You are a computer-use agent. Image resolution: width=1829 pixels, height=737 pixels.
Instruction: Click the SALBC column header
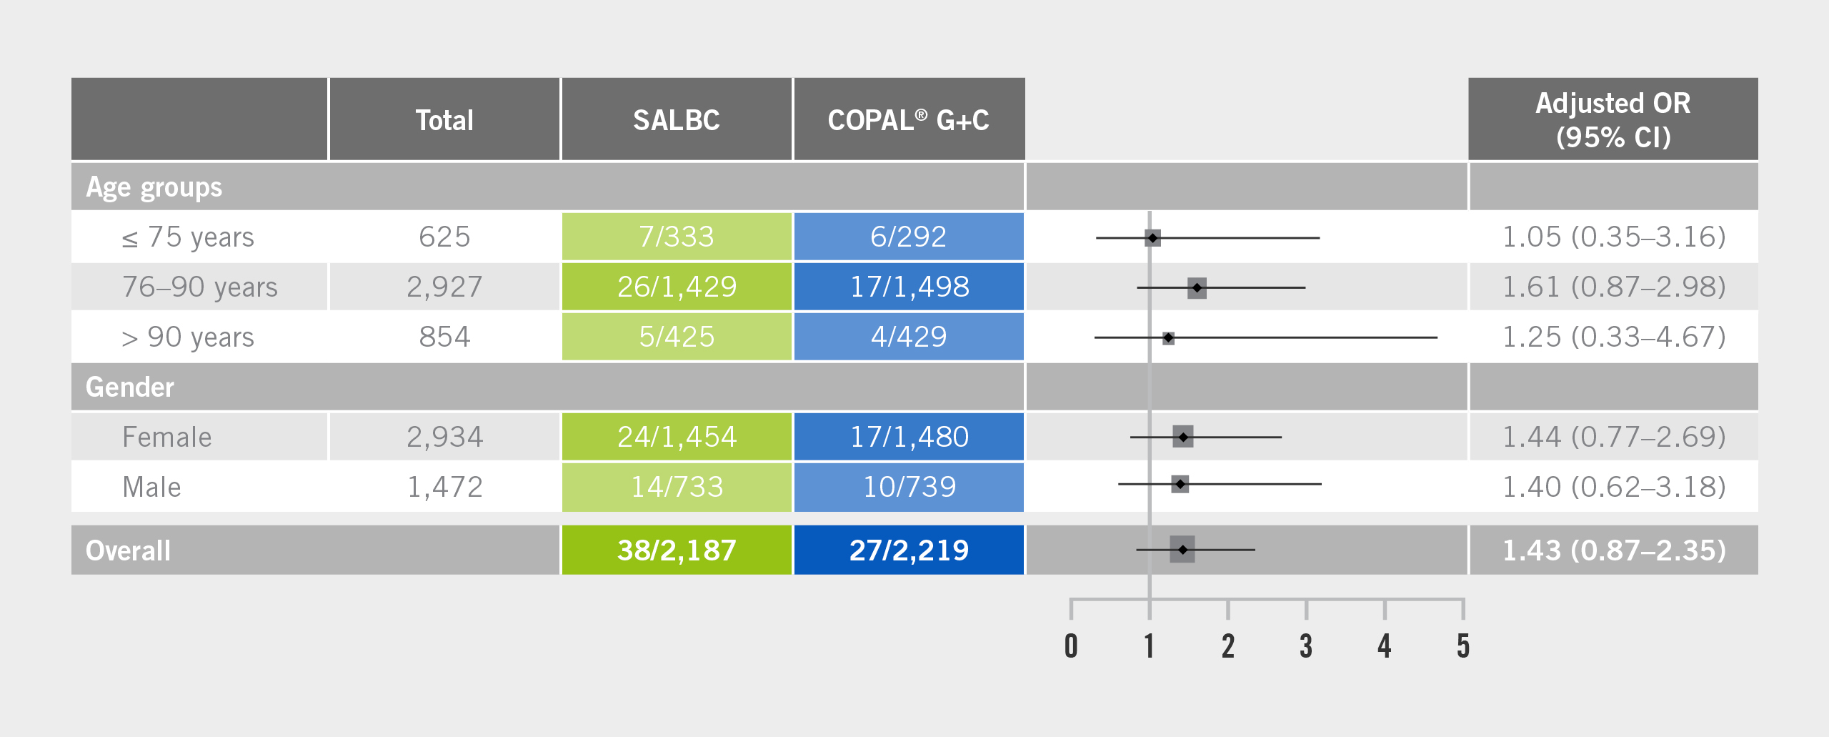[676, 120]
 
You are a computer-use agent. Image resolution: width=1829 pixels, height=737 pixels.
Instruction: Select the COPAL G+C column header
[908, 120]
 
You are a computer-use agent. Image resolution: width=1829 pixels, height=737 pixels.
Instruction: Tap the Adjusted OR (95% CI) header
[1613, 120]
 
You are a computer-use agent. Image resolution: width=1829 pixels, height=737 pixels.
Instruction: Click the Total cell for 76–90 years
[444, 287]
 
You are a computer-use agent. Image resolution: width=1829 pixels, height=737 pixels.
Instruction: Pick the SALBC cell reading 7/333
[676, 237]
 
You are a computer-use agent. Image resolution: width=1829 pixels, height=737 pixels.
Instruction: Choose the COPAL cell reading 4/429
[908, 337]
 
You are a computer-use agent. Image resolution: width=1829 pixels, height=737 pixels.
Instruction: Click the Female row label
[167, 437]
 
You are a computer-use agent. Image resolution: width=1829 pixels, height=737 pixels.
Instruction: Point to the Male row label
[151, 487]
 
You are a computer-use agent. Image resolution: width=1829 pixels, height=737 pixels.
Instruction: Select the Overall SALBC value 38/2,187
[676, 550]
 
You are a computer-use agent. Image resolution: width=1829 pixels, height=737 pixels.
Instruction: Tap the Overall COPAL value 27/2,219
[908, 550]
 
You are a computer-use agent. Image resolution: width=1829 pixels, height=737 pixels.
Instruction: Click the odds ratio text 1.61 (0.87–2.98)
[1613, 287]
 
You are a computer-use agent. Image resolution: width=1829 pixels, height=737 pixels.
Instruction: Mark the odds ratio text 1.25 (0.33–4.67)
[1613, 337]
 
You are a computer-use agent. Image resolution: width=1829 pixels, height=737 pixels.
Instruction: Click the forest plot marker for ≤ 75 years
[1152, 237]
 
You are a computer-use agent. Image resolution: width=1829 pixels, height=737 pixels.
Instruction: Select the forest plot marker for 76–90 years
[1197, 287]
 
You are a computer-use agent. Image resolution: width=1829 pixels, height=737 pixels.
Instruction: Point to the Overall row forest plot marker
[1182, 549]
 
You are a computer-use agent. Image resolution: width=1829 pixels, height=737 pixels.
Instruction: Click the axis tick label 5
[1463, 646]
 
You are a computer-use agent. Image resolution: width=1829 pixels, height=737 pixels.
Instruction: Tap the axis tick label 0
[1071, 646]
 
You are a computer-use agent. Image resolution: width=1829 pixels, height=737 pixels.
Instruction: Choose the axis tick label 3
[1306, 646]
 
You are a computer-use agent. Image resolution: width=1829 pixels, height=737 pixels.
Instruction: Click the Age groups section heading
[154, 187]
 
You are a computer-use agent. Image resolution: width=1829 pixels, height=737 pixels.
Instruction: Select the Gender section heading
[129, 387]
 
